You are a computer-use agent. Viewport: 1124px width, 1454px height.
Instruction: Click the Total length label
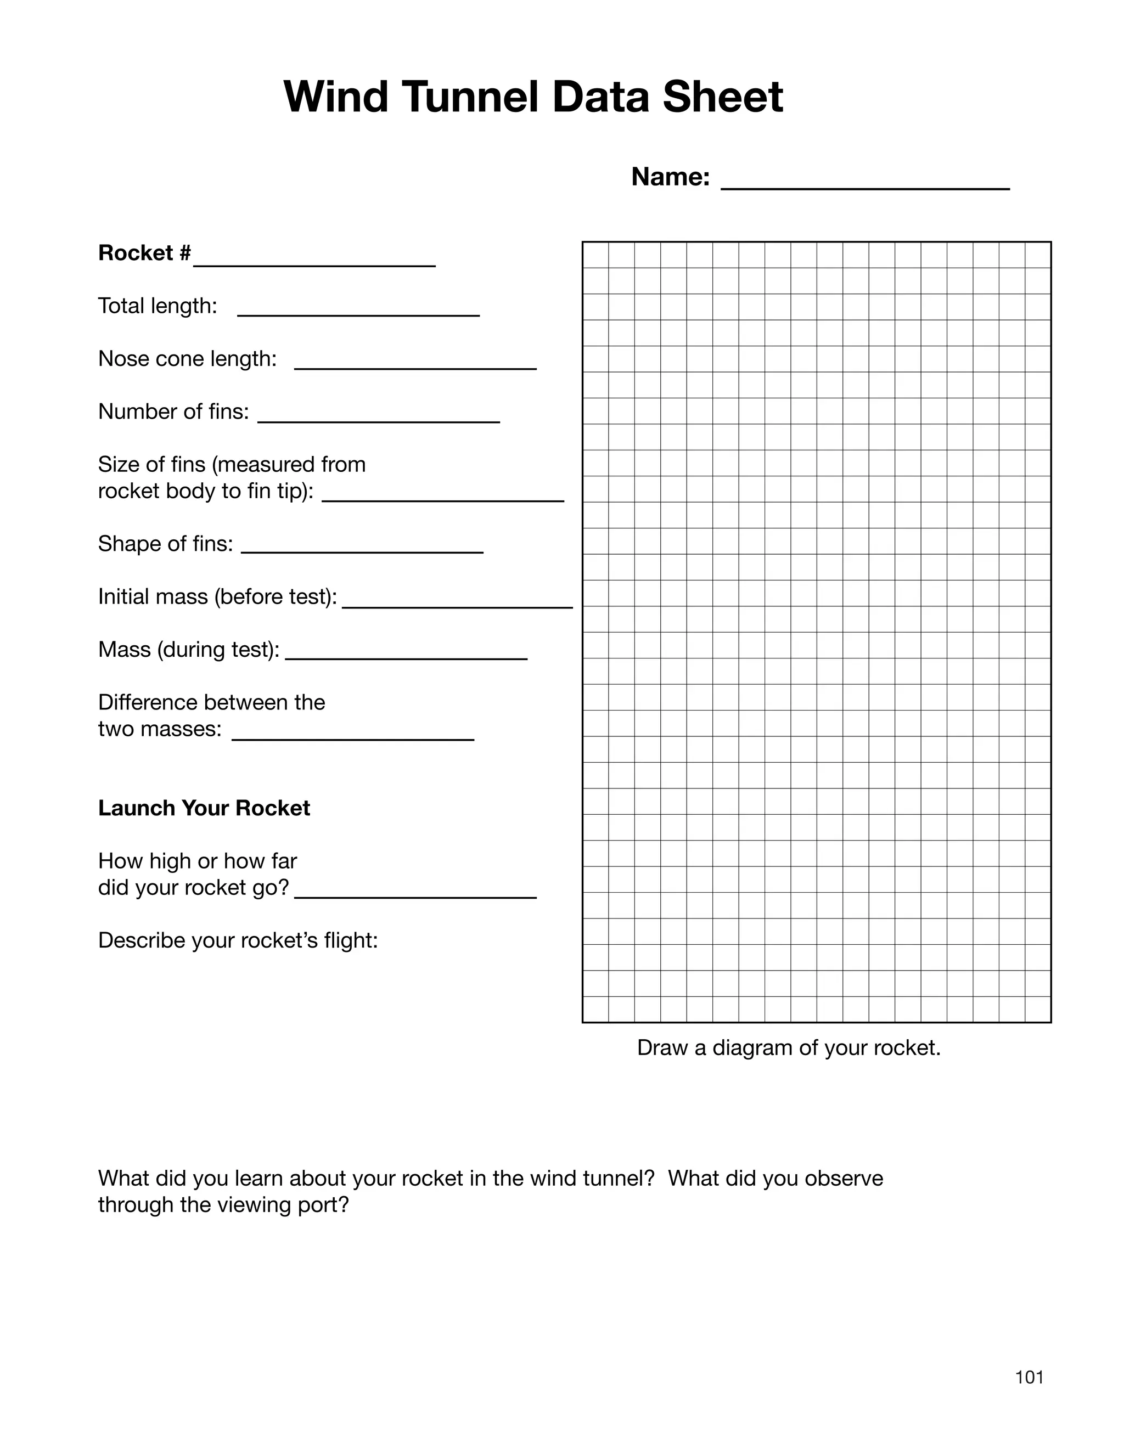click(x=158, y=306)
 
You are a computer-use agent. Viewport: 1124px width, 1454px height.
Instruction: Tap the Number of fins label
click(x=173, y=412)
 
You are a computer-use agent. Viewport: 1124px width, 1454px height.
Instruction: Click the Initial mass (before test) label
click(x=217, y=597)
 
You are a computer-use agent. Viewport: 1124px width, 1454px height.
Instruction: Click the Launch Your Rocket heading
click(x=204, y=808)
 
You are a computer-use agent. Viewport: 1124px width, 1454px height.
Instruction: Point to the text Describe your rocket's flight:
click(x=238, y=940)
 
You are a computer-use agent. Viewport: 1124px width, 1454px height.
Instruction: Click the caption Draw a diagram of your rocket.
click(x=789, y=1048)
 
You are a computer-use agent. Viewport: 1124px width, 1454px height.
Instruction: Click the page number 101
click(x=1029, y=1377)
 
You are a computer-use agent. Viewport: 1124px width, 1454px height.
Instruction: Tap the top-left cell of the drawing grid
click(x=595, y=255)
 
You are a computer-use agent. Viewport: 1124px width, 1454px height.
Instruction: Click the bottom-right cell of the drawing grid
click(x=1037, y=1008)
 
